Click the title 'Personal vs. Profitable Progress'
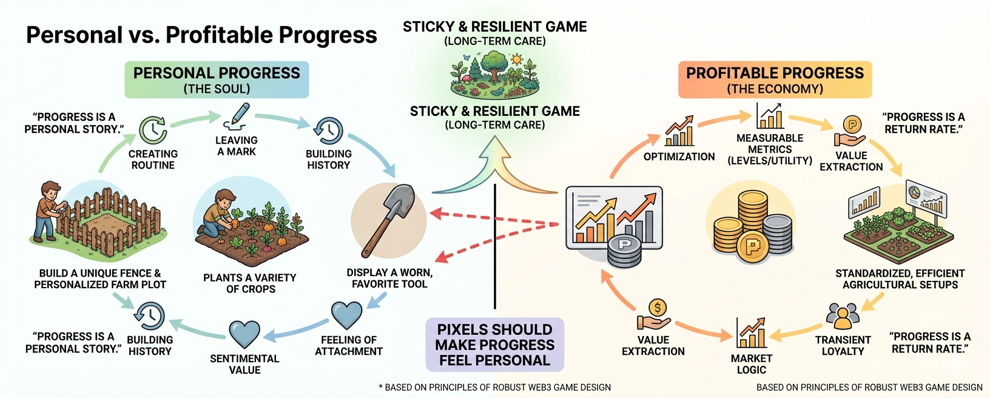201,35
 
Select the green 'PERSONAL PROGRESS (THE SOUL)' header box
217,79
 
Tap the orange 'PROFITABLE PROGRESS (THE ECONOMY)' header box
775,79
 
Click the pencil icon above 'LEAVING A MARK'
237,116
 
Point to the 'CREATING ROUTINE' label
153,160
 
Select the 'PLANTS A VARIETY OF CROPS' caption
250,283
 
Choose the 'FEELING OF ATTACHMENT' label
349,345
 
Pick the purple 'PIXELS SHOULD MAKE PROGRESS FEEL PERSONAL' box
495,345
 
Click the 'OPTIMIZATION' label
679,157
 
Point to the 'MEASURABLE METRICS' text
769,144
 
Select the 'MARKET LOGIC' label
751,364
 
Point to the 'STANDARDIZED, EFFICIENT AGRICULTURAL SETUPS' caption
900,279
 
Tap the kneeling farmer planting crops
220,212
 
